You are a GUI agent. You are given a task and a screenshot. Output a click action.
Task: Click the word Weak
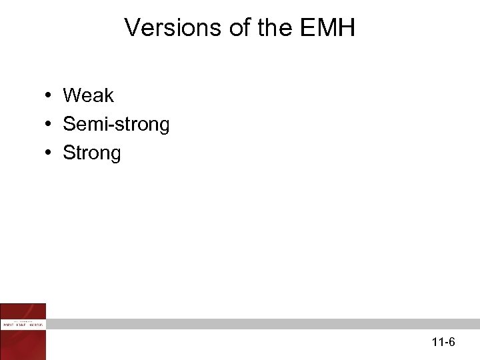[88, 96]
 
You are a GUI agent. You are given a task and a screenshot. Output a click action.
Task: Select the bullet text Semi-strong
[116, 125]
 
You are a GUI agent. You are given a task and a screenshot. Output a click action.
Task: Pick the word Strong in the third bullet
[92, 153]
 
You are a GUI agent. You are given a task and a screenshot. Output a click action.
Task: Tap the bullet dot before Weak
[50, 96]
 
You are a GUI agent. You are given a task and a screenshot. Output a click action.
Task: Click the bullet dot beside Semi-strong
[50, 125]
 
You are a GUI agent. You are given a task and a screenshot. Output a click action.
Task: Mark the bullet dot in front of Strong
[50, 153]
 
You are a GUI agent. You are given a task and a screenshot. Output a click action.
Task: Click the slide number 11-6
[443, 343]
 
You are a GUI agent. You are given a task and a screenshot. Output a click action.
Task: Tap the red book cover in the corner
[23, 331]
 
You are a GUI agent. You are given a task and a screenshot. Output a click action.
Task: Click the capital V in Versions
[131, 28]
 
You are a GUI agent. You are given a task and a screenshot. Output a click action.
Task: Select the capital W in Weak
[72, 96]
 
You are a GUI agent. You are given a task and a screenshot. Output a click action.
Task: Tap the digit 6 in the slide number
[452, 343]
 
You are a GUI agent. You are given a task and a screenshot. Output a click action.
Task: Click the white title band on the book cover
[23, 323]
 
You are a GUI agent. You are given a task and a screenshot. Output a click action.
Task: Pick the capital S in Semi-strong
[69, 125]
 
